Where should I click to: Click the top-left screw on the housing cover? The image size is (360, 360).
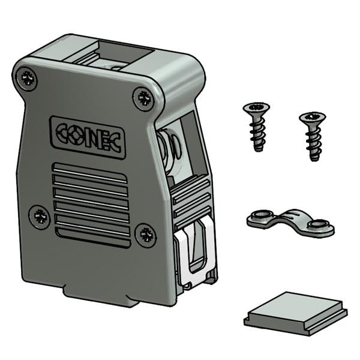coord(26,79)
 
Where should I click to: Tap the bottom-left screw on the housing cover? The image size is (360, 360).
coord(40,216)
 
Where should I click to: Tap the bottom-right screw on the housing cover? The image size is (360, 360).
coord(145,235)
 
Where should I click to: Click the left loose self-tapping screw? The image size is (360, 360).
coord(257,126)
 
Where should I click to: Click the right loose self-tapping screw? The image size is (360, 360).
coord(313,135)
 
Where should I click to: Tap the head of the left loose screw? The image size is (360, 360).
coord(256,109)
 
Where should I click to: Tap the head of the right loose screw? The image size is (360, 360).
coord(312,117)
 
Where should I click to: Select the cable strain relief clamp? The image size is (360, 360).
coord(290,221)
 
